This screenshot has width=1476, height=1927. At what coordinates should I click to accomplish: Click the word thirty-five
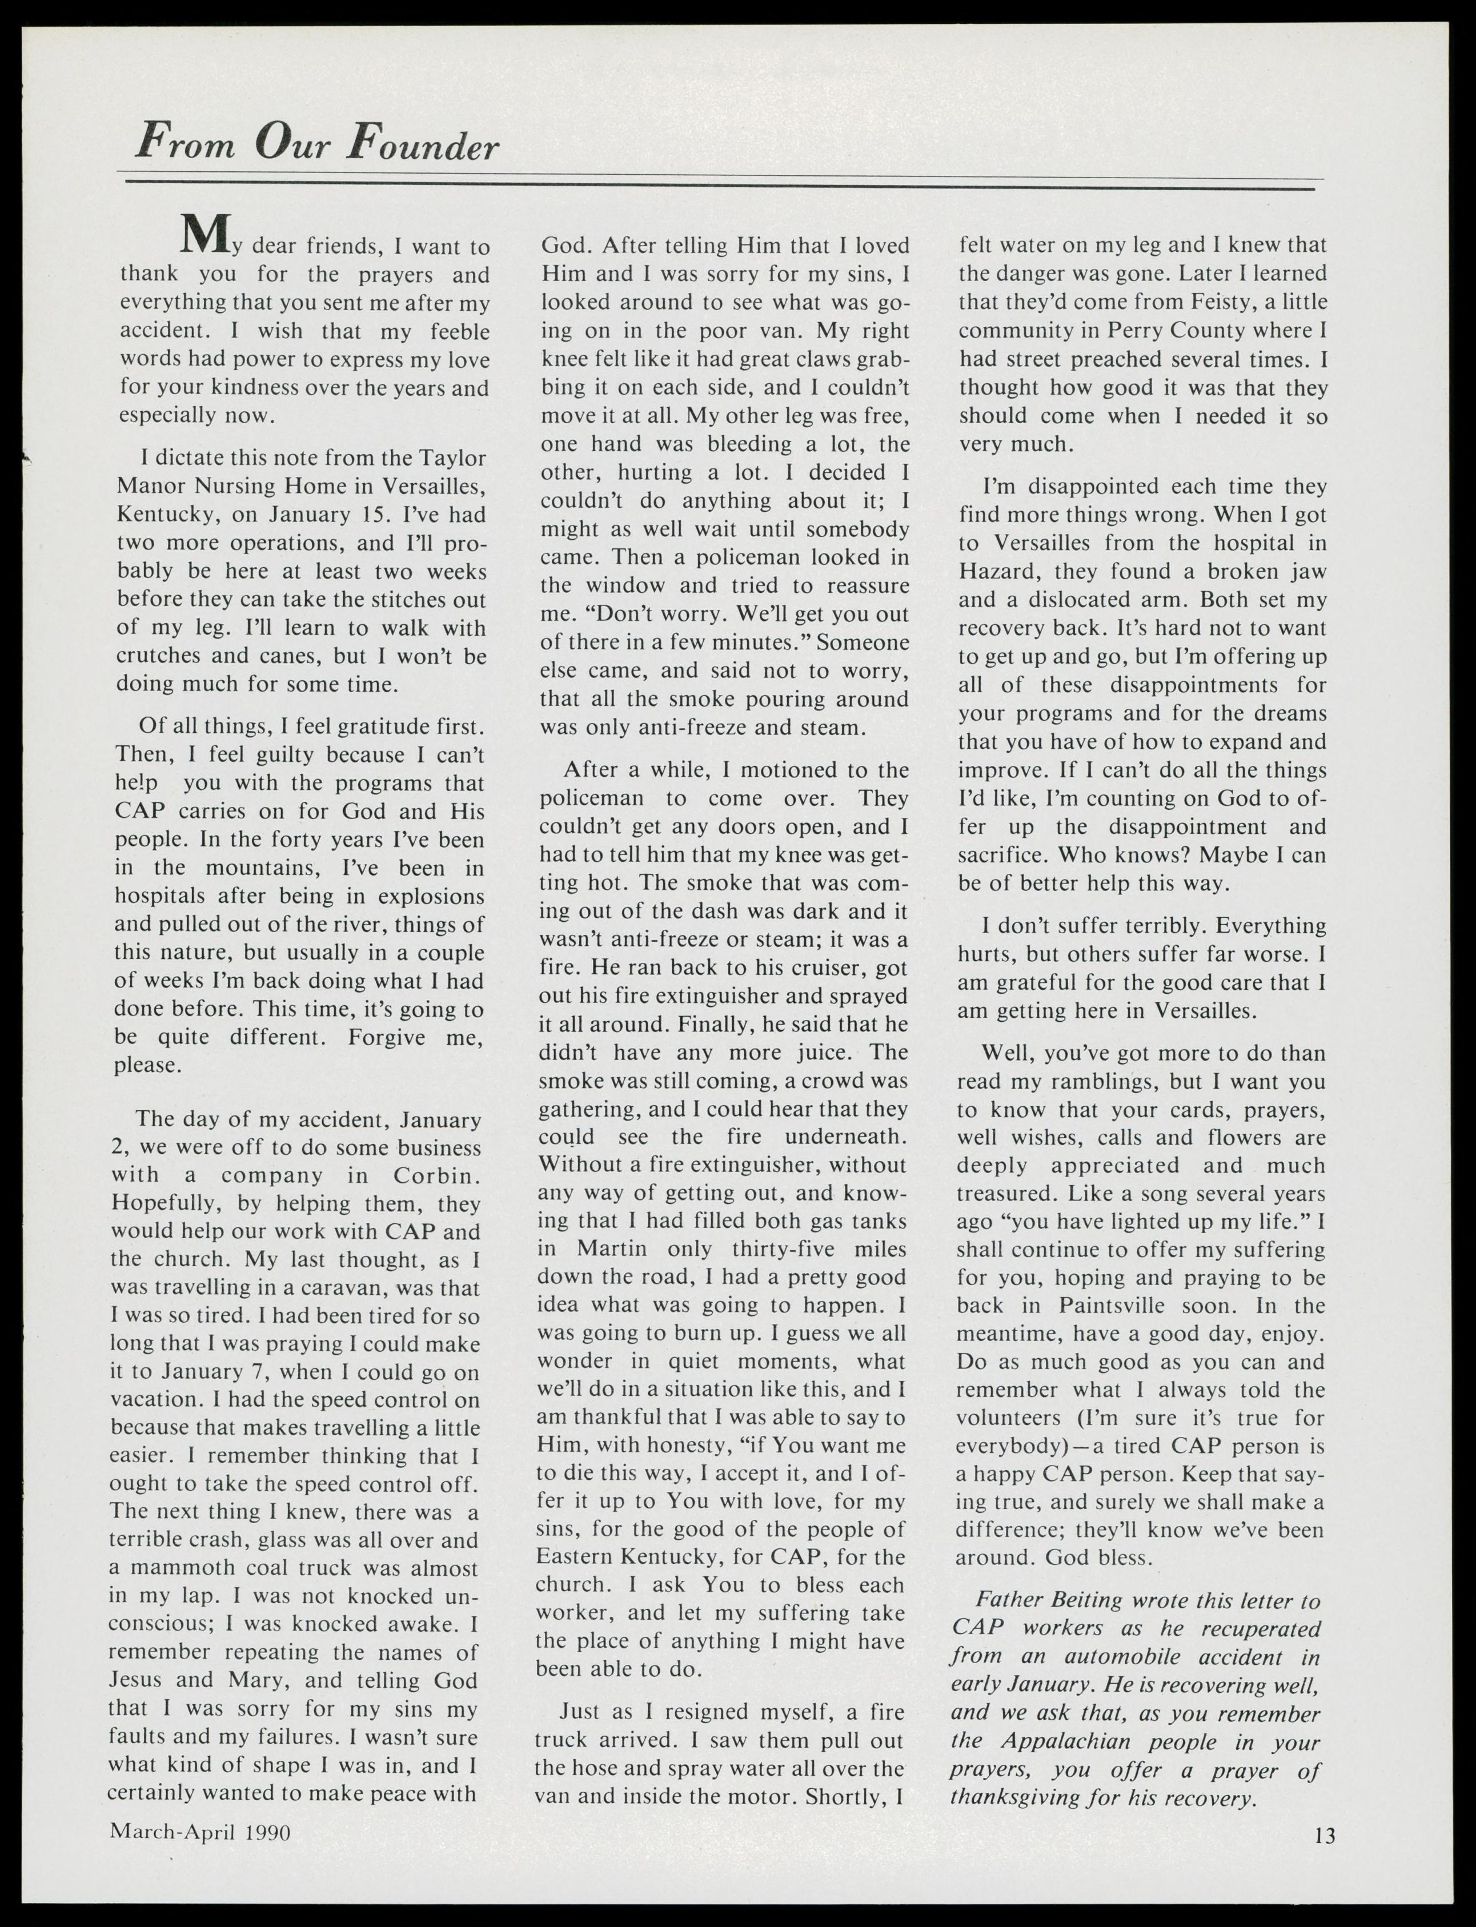[771, 1249]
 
